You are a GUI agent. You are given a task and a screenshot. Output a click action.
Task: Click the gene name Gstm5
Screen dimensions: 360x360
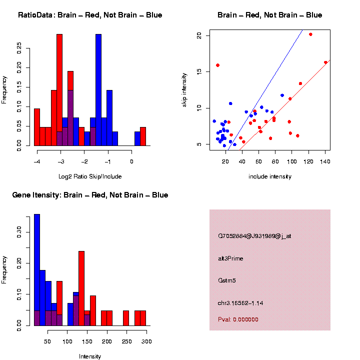227,280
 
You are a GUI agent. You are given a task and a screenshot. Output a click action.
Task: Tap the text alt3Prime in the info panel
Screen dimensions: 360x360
230,258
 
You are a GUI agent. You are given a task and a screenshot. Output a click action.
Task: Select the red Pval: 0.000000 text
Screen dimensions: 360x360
238,319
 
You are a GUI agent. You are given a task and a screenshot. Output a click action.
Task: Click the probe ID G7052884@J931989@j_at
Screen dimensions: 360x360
254,236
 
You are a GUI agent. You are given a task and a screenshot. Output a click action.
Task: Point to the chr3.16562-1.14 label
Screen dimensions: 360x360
240,302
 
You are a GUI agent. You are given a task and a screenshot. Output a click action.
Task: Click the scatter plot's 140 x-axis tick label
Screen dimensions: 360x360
325,161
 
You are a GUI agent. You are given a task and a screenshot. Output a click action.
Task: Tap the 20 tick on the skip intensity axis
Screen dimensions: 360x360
199,35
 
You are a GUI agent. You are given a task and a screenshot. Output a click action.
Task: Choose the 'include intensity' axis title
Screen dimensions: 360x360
270,176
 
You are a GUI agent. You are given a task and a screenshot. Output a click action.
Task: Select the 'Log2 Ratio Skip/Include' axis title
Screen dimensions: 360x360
90,176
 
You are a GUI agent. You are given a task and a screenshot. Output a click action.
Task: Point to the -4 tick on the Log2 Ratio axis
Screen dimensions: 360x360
37,161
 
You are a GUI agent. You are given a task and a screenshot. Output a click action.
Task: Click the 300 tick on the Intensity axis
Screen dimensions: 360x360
146,341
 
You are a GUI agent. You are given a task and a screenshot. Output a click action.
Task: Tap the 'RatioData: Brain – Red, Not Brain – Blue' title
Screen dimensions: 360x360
90,15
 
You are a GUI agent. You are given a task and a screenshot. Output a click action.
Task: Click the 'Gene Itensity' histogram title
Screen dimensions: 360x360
90,195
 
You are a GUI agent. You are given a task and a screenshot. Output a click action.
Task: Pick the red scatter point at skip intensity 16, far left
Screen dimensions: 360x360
217,65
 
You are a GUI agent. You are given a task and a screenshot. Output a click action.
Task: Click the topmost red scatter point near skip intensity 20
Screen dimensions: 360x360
310,34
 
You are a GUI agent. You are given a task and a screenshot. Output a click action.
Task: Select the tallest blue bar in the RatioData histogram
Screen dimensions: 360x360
98,90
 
